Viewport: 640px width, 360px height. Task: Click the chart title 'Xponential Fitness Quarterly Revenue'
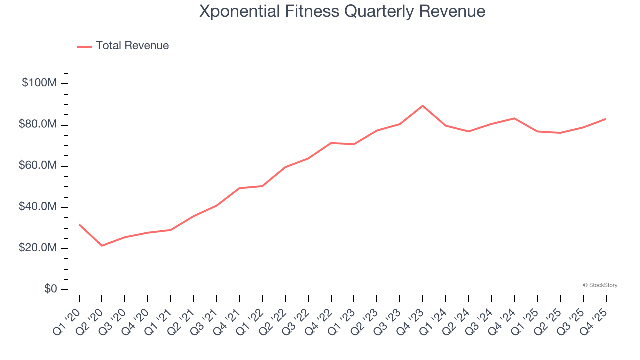coord(342,11)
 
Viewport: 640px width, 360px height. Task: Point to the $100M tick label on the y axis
coord(39,83)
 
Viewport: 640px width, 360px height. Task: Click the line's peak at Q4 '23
coord(423,106)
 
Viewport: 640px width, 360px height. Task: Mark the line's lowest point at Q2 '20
coord(102,245)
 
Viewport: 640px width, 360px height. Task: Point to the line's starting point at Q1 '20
coord(79,224)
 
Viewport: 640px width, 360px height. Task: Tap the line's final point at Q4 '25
coord(606,119)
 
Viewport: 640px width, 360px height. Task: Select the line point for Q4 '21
coord(239,188)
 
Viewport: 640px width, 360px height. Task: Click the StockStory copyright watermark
coord(600,285)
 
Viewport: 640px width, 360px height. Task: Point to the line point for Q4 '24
coord(514,118)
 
